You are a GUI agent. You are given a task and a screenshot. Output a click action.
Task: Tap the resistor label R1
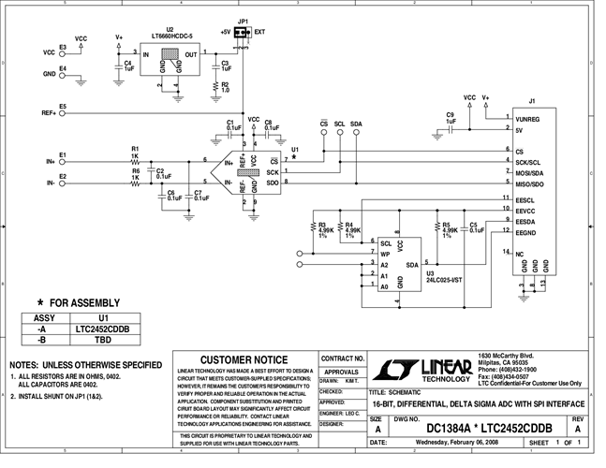point(136,148)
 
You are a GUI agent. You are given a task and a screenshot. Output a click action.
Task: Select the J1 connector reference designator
point(531,100)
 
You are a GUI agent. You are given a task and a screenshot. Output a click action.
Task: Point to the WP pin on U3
point(384,254)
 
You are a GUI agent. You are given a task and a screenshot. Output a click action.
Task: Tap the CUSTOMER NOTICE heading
point(244,359)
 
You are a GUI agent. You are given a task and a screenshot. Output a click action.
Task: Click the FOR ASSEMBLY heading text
point(84,302)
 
